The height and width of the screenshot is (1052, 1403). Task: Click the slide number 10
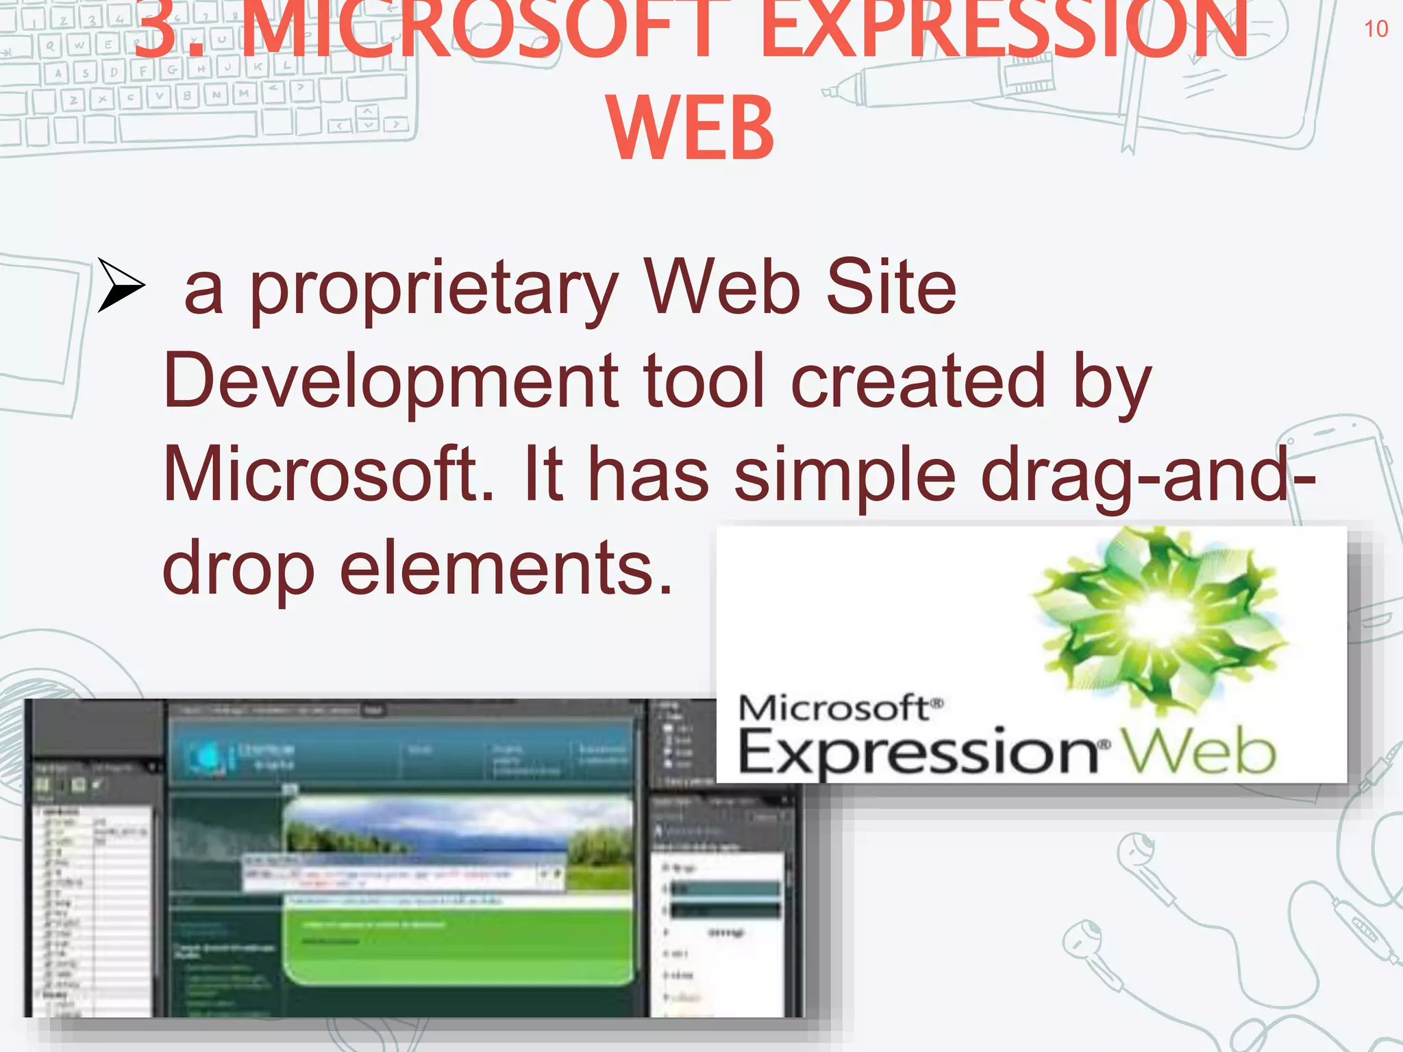[1376, 29]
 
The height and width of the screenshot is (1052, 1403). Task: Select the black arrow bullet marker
[120, 285]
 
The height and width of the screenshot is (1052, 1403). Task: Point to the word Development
[390, 381]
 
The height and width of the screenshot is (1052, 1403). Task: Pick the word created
[919, 381]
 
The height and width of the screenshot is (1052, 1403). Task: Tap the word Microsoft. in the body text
[328, 474]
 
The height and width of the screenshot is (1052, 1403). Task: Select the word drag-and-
[1147, 474]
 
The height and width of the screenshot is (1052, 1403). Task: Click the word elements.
[507, 568]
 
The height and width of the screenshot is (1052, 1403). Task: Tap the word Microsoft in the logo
[837, 708]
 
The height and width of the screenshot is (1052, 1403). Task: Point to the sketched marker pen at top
[945, 82]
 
